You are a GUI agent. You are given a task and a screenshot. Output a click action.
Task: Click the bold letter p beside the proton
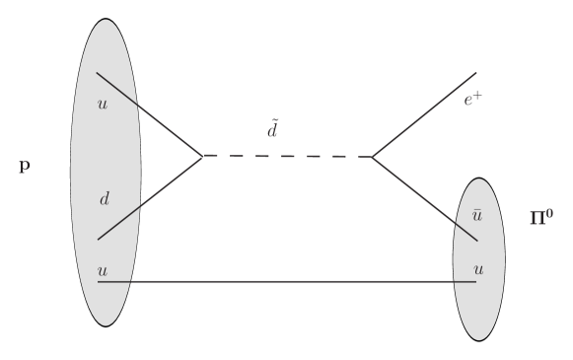pos(25,167)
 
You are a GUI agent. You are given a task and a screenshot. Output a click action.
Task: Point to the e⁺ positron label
pos(474,99)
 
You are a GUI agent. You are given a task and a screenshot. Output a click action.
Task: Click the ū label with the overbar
pos(476,214)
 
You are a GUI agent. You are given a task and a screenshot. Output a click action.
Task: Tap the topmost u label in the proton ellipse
pos(102,103)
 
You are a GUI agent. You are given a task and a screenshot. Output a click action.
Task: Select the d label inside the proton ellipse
pos(105,199)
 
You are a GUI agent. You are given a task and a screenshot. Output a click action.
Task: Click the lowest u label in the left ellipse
pos(102,268)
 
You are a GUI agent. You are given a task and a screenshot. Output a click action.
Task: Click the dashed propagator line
pos(287,156)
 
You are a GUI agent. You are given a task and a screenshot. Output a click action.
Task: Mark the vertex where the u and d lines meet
pos(202,156)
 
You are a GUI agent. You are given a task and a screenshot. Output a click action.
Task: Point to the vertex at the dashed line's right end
pos(372,157)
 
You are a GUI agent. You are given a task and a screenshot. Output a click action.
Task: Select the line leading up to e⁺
pos(424,114)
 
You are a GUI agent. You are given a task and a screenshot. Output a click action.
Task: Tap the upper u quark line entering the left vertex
pos(148,113)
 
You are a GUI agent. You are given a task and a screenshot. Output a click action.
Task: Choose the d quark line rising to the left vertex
pos(148,198)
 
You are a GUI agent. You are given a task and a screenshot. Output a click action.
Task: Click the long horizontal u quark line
pos(286,282)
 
